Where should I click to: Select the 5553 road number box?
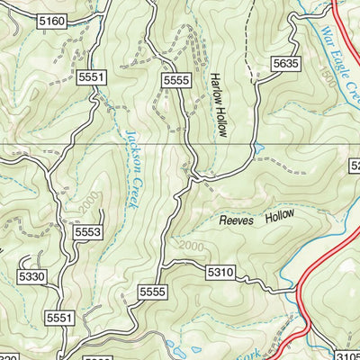87,232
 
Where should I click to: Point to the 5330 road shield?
31,277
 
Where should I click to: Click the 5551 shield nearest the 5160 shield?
92,78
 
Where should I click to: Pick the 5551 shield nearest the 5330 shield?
59,318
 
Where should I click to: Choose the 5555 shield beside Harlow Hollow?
176,81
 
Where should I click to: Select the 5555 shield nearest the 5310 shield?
154,292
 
